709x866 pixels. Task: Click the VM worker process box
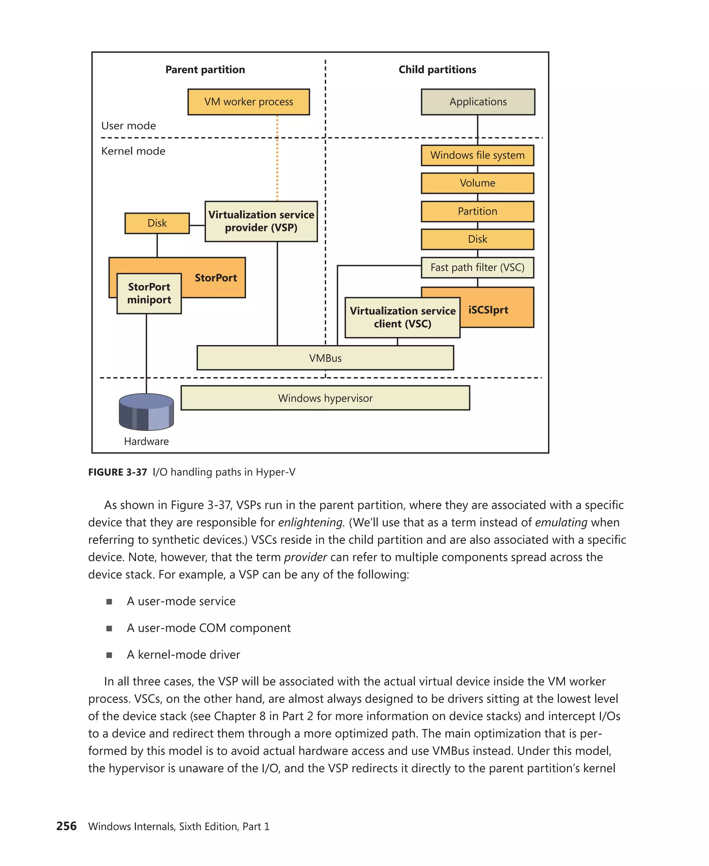[248, 102]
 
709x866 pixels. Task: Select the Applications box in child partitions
[477, 102]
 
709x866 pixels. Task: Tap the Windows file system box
[477, 155]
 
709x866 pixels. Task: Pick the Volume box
[477, 183]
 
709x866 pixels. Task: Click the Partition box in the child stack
[477, 211]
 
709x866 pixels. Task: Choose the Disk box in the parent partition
[157, 223]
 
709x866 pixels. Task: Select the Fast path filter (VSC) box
[477, 267]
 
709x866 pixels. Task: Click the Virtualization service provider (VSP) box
[261, 221]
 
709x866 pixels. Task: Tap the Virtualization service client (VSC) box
[402, 318]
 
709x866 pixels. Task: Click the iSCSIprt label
[488, 310]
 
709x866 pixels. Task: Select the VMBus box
[325, 358]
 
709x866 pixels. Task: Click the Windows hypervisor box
[325, 398]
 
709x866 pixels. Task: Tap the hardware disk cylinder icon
[146, 412]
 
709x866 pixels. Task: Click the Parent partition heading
[205, 70]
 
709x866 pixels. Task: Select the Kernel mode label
[133, 151]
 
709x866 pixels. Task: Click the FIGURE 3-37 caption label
[117, 472]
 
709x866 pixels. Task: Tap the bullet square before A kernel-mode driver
[109, 655]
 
